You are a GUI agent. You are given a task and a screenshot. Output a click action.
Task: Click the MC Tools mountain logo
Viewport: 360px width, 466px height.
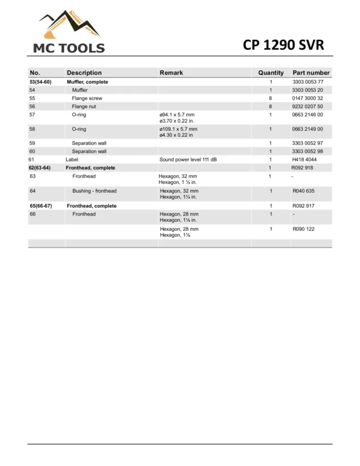pyautogui.click(x=66, y=24)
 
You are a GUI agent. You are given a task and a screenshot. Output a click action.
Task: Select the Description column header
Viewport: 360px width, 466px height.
pyautogui.click(x=84, y=73)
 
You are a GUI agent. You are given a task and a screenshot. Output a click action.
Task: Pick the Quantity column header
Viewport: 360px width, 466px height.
pyautogui.click(x=271, y=73)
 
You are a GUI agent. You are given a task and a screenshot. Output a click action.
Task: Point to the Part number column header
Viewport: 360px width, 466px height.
pyautogui.click(x=311, y=73)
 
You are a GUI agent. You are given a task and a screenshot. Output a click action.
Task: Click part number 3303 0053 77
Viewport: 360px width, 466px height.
pyautogui.click(x=308, y=82)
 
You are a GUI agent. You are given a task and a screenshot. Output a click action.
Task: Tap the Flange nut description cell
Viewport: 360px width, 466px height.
pyautogui.click(x=84, y=106)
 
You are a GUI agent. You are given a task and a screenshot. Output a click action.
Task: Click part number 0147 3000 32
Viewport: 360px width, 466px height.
pyautogui.click(x=308, y=98)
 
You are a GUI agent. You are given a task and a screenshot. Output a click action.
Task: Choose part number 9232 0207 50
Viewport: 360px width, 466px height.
pyautogui.click(x=308, y=106)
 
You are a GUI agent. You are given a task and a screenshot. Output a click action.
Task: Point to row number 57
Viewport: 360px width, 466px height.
pyautogui.click(x=32, y=114)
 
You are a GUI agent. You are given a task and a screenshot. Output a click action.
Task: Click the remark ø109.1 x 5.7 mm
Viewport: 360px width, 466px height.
pyautogui.click(x=178, y=129)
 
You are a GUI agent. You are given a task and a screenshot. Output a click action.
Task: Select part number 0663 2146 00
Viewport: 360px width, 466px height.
pyautogui.click(x=308, y=114)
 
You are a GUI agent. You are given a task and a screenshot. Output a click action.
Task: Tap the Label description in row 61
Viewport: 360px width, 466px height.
pyautogui.click(x=71, y=159)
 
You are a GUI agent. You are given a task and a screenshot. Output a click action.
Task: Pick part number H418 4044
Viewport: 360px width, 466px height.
pyautogui.click(x=304, y=159)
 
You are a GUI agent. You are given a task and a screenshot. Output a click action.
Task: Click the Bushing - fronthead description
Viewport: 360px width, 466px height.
pyautogui.click(x=94, y=191)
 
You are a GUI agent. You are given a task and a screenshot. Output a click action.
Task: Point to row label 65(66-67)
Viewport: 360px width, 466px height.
pyautogui.click(x=41, y=205)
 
